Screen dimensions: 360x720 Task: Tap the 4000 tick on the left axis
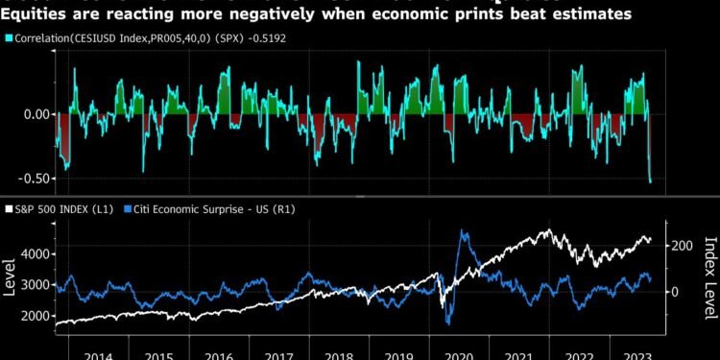[x=36, y=253]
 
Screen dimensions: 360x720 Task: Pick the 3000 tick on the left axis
[x=36, y=285]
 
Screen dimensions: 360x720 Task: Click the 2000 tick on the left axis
[x=36, y=316]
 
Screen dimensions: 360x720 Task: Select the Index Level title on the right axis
[x=709, y=278]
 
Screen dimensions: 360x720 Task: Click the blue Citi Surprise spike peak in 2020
[x=464, y=230]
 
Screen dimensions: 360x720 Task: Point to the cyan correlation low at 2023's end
[x=650, y=181]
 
